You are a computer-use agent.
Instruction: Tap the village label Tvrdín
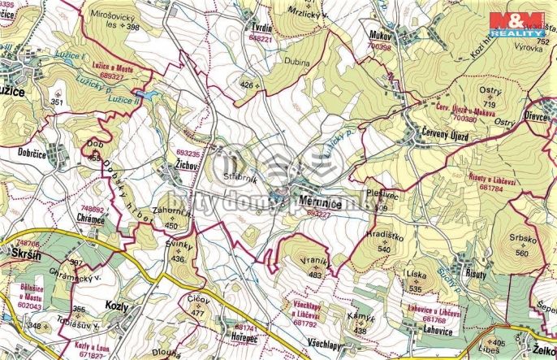pyautogui.click(x=258, y=28)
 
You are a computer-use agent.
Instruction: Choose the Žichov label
pyautogui.click(x=188, y=163)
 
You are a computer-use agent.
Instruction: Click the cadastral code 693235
pyautogui.click(x=188, y=152)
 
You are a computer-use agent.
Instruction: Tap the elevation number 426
pyautogui.click(x=247, y=84)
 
